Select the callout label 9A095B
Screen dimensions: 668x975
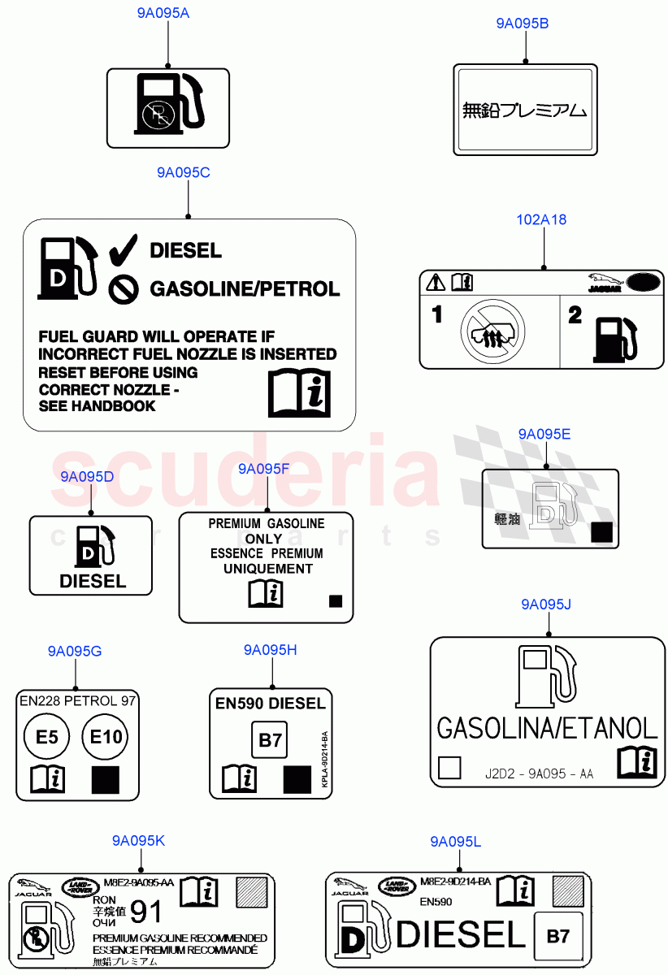coord(522,24)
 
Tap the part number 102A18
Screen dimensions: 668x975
coord(541,219)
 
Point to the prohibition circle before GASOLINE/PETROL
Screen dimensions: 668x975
coord(124,288)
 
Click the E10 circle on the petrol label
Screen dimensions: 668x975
coord(105,737)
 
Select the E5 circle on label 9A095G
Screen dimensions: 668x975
coord(47,737)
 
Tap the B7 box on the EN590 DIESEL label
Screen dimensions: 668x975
coord(269,740)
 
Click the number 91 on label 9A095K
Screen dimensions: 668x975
coord(146,912)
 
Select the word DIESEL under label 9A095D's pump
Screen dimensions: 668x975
coord(93,581)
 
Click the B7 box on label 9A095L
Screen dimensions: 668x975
coord(557,936)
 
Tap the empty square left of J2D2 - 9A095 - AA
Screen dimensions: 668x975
coord(449,768)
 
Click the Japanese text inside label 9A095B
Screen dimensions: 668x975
coord(523,110)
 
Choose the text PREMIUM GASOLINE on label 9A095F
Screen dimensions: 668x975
coord(266,524)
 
